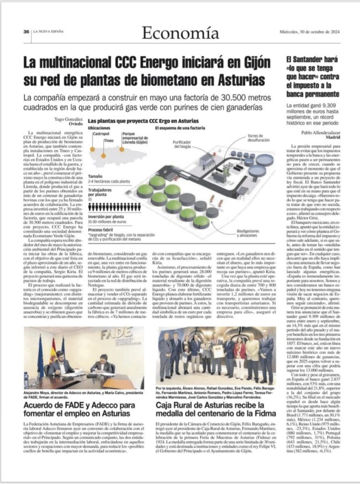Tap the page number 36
(x=25, y=32)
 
